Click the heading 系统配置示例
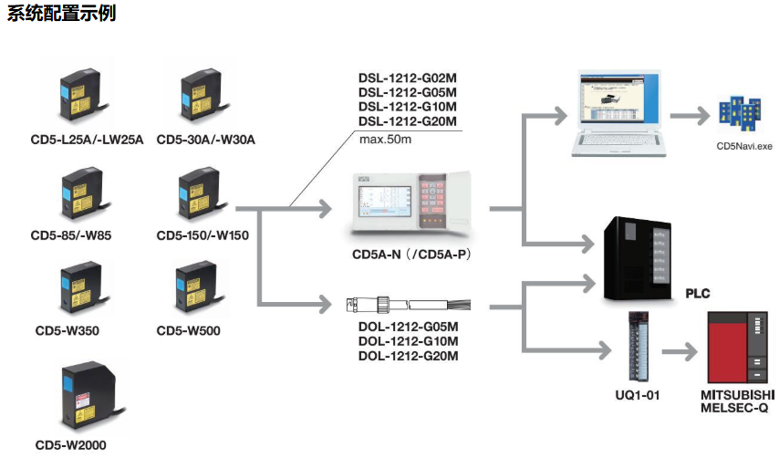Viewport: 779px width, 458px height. coord(62,15)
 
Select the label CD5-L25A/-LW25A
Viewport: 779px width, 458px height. coord(87,140)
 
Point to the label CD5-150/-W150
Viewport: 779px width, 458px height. coord(203,235)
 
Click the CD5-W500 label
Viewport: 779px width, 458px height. coord(188,330)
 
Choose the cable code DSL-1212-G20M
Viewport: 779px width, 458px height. coord(407,121)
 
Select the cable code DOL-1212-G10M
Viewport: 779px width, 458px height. coord(407,341)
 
